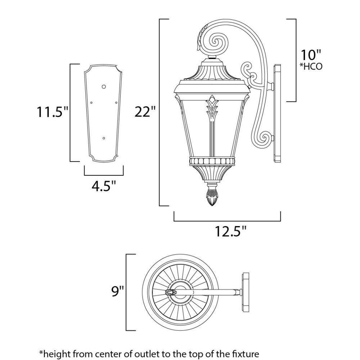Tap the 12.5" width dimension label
(231, 231)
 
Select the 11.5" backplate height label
(53, 112)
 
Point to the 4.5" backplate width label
(104, 186)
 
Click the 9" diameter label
(118, 291)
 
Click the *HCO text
(311, 67)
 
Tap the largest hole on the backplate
(104, 86)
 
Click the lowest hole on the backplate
(104, 138)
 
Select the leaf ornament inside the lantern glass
(212, 107)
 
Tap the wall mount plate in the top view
(246, 292)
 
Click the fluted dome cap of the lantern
(212, 72)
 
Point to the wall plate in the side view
(277, 113)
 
